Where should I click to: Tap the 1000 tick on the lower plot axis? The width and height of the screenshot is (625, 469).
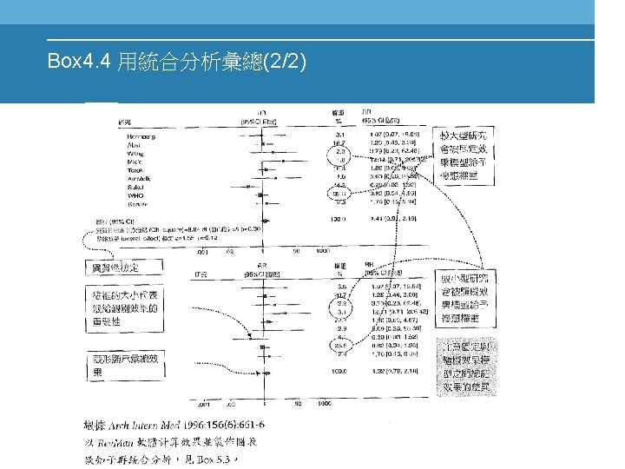tap(323, 405)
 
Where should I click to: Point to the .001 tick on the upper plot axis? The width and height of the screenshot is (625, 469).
tap(202, 250)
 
